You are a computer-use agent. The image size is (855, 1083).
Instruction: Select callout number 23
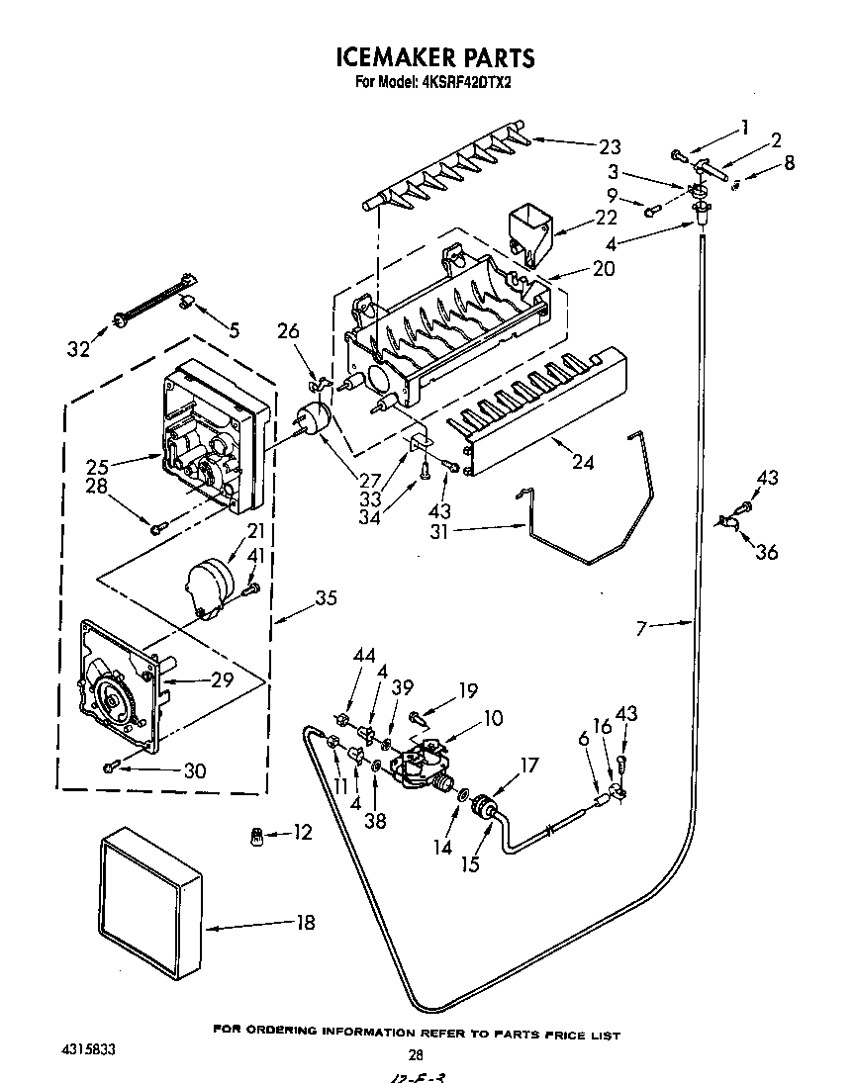point(609,147)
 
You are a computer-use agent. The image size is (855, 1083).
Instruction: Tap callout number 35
point(326,598)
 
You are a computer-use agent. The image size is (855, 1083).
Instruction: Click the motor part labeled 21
point(208,589)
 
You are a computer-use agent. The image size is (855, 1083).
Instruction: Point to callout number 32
point(80,348)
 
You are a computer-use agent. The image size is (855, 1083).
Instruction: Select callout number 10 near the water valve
point(492,718)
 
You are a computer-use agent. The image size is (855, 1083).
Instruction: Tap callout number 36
point(766,553)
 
